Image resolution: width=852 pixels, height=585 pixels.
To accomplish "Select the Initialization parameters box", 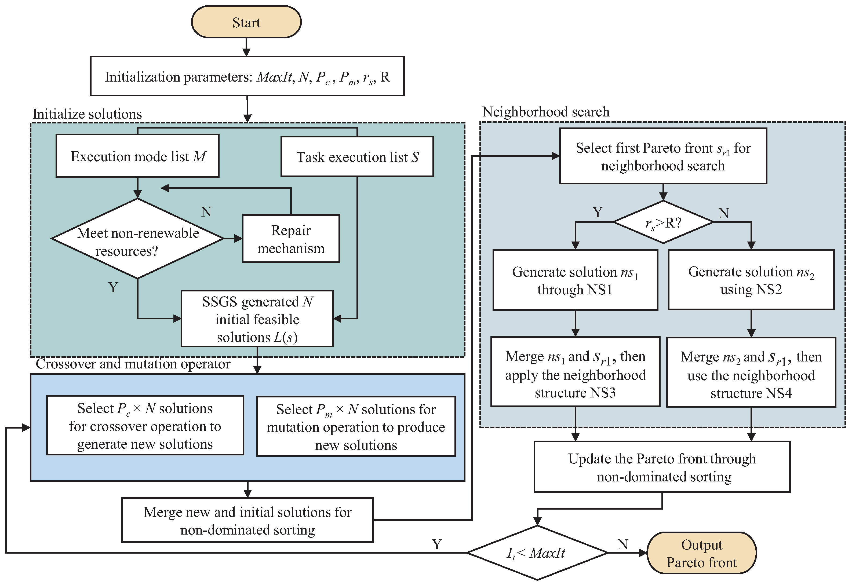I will coord(247,76).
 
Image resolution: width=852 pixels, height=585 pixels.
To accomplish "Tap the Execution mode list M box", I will coord(137,156).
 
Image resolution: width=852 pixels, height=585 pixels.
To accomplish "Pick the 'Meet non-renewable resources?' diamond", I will coord(137,239).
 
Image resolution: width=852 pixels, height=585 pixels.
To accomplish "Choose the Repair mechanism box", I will coord(291,239).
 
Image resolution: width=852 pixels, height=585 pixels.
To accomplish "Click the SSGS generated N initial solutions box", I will coord(257,319).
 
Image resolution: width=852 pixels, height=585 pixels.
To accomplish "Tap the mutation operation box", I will coord(356,426).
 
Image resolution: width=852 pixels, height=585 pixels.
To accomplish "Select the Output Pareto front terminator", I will coord(701,553).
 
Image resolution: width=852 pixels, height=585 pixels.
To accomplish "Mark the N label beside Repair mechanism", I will coord(206,211).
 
